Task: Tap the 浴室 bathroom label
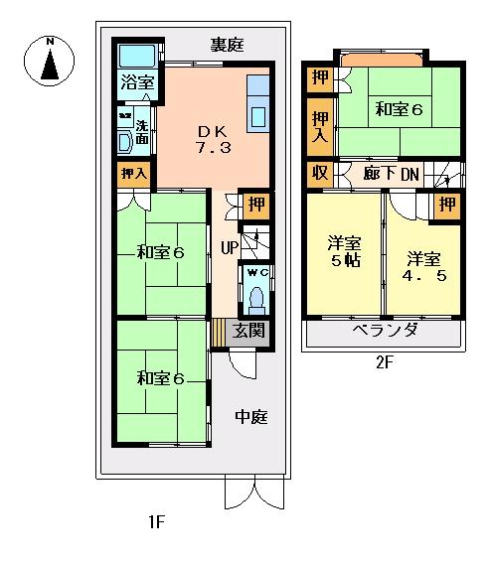(136, 83)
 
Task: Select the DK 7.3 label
(212, 138)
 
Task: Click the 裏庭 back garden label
(228, 45)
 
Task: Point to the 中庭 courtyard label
(250, 417)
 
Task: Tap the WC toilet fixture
(254, 293)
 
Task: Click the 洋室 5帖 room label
(344, 250)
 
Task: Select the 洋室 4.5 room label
(423, 267)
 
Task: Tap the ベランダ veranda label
(383, 331)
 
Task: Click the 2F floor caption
(385, 363)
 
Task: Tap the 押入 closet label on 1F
(133, 175)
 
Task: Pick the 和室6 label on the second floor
(399, 110)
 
